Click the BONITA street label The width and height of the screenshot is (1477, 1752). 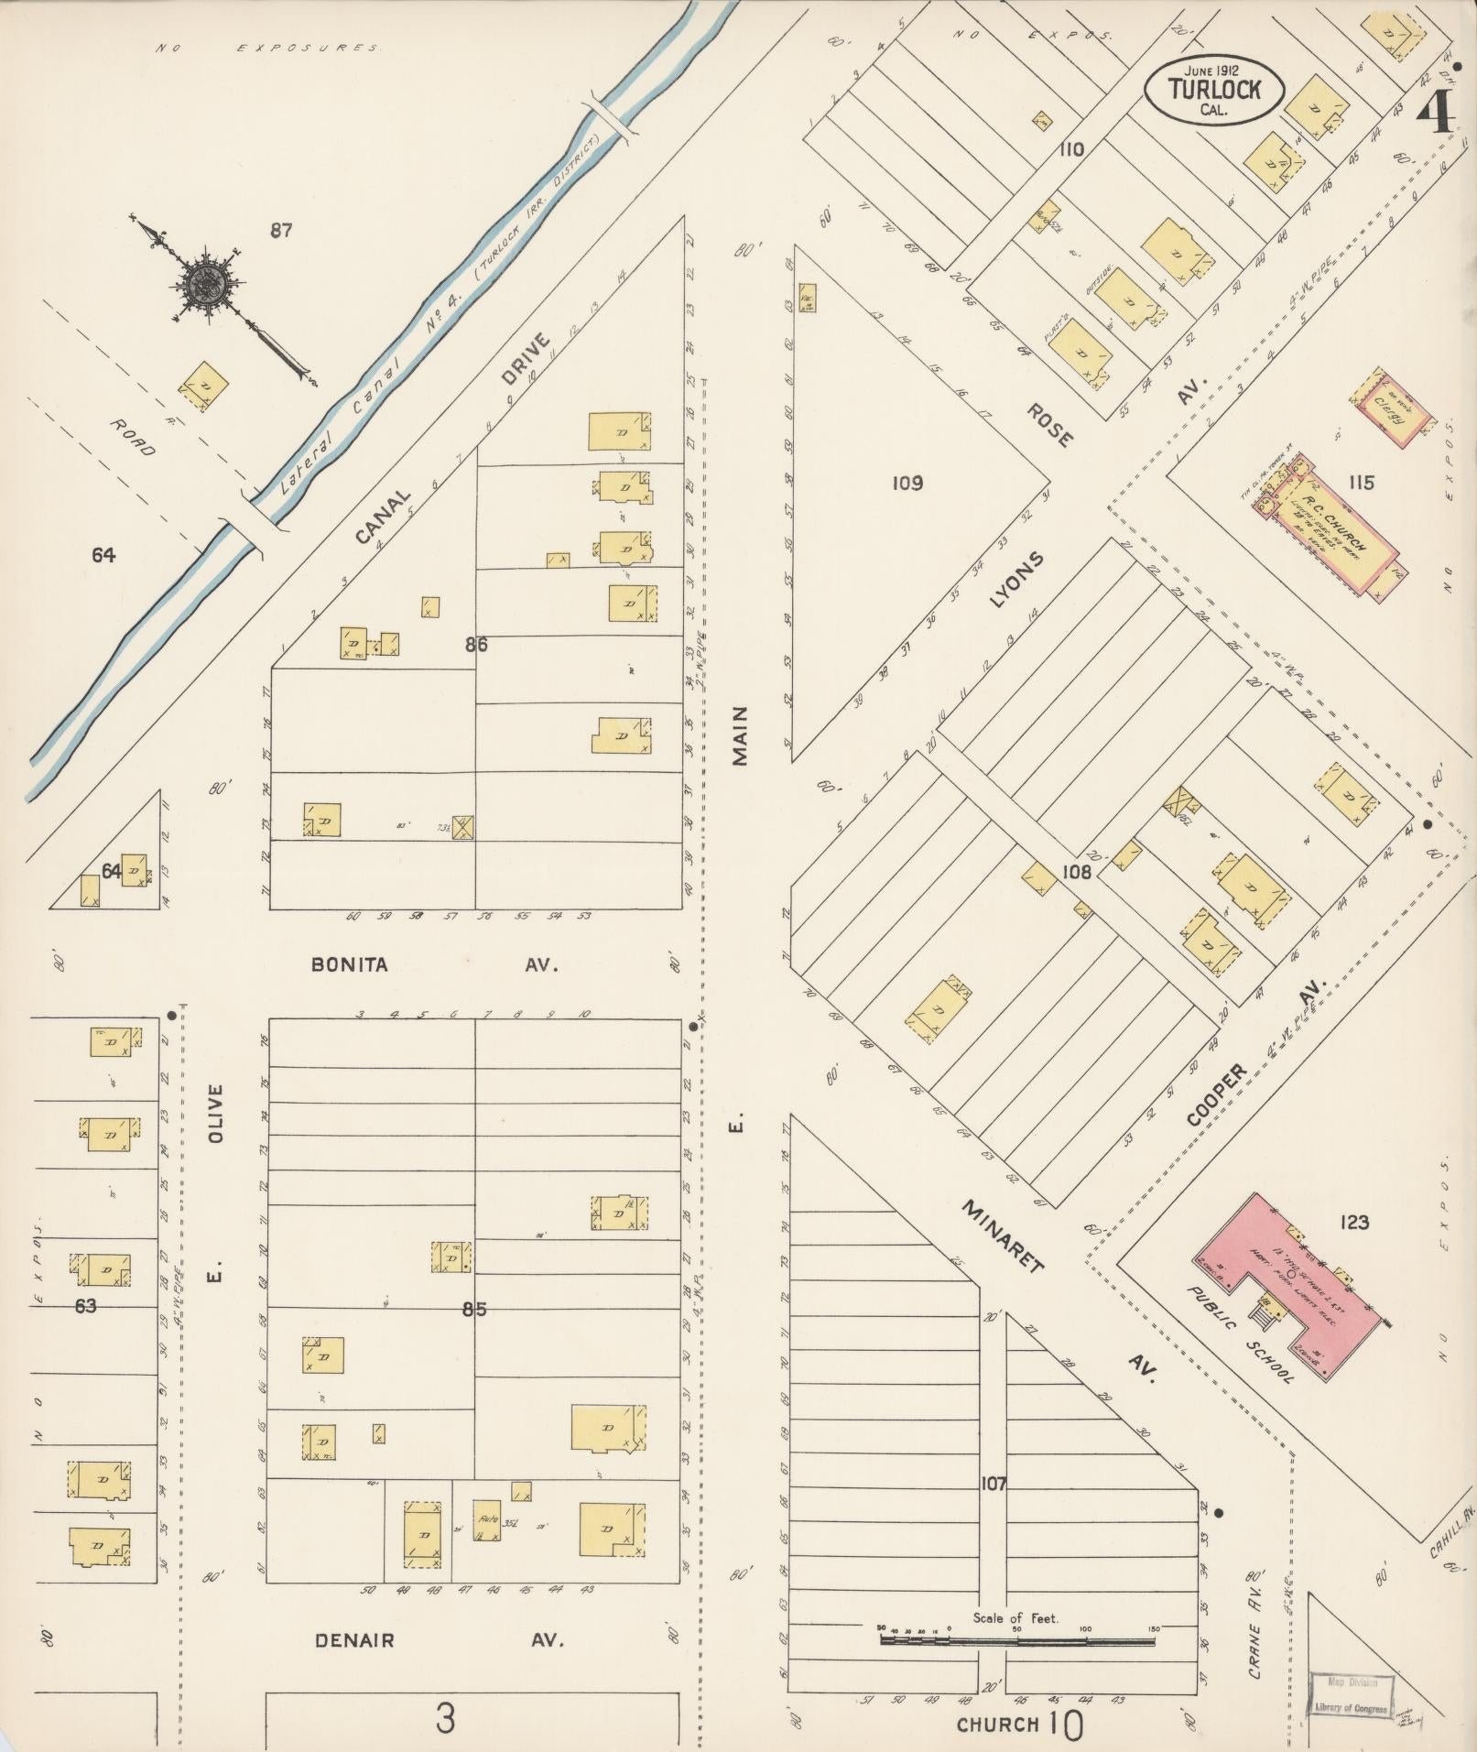[x=349, y=964]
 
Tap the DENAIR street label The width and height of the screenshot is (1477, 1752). [x=355, y=1640]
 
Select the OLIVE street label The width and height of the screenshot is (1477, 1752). [x=216, y=1112]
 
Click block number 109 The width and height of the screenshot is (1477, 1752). [x=907, y=483]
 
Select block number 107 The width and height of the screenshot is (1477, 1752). [x=993, y=1483]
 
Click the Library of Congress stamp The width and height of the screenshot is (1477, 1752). [x=1351, y=1694]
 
